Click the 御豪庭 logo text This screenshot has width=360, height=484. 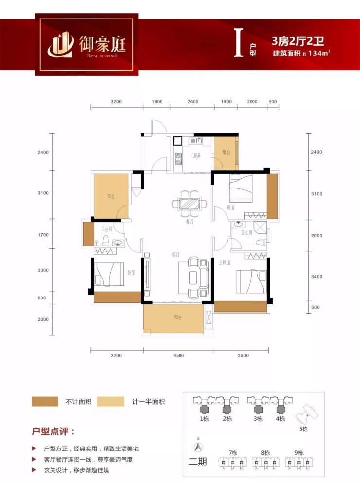tap(102, 43)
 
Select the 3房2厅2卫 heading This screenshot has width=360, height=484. tap(298, 41)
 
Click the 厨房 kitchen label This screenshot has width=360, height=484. tap(197, 156)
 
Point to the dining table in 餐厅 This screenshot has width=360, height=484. tap(190, 204)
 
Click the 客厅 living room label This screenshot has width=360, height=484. tap(176, 255)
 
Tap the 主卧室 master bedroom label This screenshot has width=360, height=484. tap(225, 262)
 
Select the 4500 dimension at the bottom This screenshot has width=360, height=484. tap(179, 355)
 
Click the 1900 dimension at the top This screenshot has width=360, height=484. tap(157, 102)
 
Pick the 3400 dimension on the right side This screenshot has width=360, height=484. tap(317, 277)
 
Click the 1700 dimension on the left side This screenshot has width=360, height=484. tap(43, 235)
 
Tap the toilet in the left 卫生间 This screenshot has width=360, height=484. tap(106, 241)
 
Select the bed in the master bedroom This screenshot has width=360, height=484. tap(251, 281)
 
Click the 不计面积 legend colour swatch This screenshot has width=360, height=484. tap(45, 401)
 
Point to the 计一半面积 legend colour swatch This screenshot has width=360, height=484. tap(110, 401)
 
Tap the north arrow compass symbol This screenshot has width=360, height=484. tap(198, 447)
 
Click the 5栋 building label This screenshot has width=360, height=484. tap(303, 429)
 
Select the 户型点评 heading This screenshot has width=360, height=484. tap(53, 431)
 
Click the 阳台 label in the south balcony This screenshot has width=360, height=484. tap(178, 317)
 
